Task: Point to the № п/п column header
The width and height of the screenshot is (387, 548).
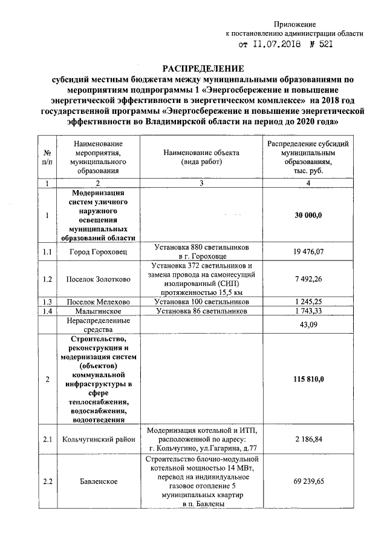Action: point(47,158)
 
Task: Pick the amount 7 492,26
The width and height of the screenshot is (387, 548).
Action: point(308,279)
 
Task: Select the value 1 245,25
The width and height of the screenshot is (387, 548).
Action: point(308,301)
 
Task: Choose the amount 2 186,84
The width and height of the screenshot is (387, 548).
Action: point(308,439)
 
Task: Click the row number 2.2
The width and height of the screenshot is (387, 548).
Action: point(47,481)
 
